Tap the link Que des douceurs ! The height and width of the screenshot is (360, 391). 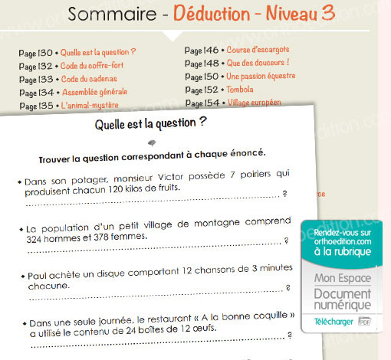pos(257,62)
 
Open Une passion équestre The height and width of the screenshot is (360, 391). pos(261,76)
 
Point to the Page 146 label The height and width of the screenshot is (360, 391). pos(202,49)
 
